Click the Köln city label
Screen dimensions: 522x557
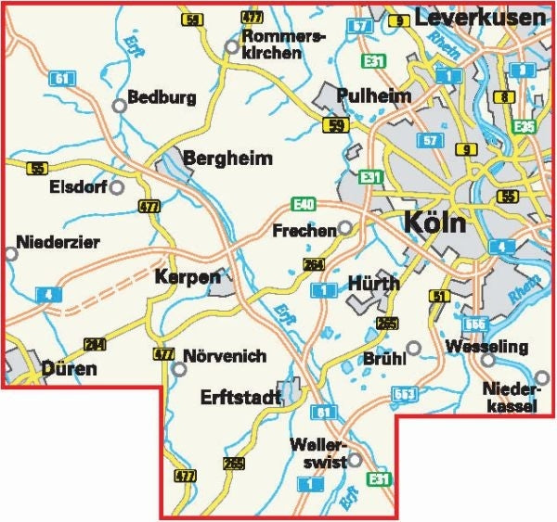pyautogui.click(x=435, y=224)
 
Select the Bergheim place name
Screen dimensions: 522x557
pyautogui.click(x=228, y=159)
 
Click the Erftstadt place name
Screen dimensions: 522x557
pyautogui.click(x=240, y=397)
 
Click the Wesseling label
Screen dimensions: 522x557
pyautogui.click(x=486, y=348)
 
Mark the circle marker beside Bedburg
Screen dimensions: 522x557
pyautogui.click(x=119, y=106)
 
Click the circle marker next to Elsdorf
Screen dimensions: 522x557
pyautogui.click(x=117, y=187)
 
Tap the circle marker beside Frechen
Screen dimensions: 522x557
pyautogui.click(x=344, y=227)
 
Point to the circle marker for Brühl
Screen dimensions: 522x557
pyautogui.click(x=414, y=348)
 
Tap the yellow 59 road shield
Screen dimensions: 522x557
pyautogui.click(x=336, y=124)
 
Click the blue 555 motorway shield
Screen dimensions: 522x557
pyautogui.click(x=476, y=322)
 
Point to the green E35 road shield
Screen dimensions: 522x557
pyautogui.click(x=524, y=126)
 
